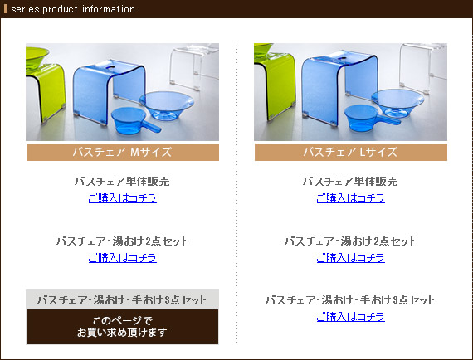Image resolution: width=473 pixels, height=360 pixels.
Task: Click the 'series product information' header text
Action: [x=73, y=9]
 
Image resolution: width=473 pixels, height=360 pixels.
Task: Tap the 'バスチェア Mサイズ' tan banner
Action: [x=123, y=152]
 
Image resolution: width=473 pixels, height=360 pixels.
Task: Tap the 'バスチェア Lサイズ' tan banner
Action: [x=351, y=152]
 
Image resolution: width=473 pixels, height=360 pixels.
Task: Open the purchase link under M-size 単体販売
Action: [x=123, y=198]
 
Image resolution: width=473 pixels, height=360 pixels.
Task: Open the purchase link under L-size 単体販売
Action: [x=351, y=198]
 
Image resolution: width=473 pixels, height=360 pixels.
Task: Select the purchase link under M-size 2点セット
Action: [x=123, y=258]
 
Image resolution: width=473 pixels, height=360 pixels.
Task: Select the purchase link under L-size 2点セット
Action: [x=351, y=258]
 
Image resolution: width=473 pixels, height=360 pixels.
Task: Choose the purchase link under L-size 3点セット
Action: [x=351, y=317]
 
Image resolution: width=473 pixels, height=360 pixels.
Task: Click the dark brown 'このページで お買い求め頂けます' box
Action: [x=123, y=327]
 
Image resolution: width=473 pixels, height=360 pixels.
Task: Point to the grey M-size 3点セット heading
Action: [x=122, y=299]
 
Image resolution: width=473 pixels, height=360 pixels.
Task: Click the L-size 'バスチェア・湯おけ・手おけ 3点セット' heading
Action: [x=350, y=300]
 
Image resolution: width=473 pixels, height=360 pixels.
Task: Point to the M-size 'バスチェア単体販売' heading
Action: [x=122, y=181]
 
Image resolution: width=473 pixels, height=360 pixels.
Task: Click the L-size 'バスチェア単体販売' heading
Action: [x=350, y=181]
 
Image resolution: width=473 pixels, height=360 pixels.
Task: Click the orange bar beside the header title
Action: [x=5, y=9]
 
